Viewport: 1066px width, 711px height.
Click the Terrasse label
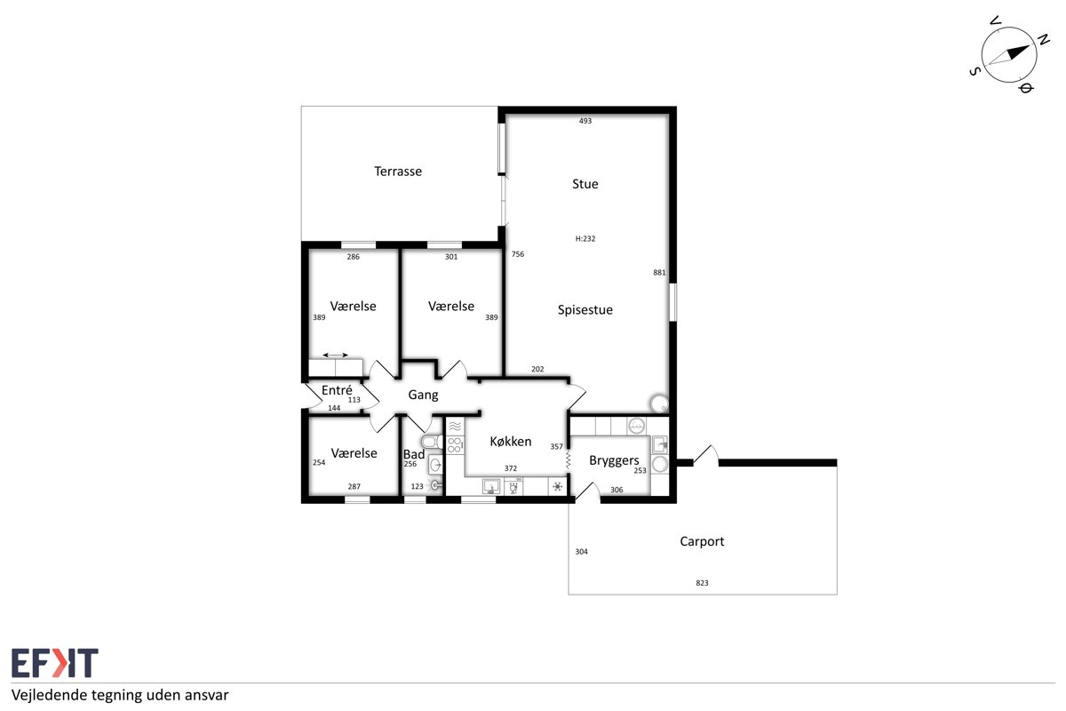coord(398,172)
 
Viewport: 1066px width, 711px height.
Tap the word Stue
coord(585,184)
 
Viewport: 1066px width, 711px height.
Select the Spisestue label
coord(585,310)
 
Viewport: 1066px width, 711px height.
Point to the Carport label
coord(702,541)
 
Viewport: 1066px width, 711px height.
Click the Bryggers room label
coord(614,460)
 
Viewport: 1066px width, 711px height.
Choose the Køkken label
coord(511,442)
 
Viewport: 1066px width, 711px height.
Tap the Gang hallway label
coord(423,395)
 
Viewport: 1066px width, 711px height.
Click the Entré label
coord(337,390)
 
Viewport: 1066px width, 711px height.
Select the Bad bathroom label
coord(414,454)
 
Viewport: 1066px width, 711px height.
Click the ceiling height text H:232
coord(585,238)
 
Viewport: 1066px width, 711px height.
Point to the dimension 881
coord(659,272)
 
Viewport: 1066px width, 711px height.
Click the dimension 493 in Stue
coord(585,121)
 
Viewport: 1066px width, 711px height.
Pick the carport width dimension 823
coord(702,583)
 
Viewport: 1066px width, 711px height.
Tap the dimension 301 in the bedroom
coord(451,257)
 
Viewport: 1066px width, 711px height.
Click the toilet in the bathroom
coord(432,442)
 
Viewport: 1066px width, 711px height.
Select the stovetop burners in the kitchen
coord(455,445)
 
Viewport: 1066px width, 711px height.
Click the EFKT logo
coord(55,662)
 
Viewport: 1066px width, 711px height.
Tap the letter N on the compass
coord(1043,40)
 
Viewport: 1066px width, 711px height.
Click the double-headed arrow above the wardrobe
coord(335,355)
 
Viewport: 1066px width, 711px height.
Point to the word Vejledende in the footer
coord(50,695)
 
